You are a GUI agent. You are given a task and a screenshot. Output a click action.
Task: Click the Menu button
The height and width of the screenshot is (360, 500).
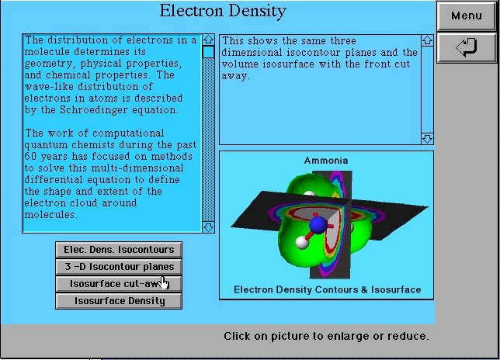466,16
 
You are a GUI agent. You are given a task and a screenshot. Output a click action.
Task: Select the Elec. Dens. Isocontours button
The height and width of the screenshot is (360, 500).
119,250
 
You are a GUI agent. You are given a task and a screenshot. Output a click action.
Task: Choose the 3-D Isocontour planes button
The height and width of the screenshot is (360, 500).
119,267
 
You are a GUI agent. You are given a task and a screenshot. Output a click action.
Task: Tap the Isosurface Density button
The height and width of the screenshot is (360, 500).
119,301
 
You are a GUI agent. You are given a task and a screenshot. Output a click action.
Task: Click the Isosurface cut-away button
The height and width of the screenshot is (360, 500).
119,284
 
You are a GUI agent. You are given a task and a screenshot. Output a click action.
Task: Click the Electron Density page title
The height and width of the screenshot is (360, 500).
223,12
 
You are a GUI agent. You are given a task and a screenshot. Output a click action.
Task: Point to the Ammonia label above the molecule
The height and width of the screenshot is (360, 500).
326,161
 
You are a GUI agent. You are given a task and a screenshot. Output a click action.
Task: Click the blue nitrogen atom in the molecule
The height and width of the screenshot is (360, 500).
318,224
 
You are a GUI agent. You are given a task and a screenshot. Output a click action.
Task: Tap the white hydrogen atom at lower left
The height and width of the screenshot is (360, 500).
302,242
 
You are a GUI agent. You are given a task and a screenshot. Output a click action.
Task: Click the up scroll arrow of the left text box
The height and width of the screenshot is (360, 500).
208,40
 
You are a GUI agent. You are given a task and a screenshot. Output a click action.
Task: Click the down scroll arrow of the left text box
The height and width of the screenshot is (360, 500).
208,227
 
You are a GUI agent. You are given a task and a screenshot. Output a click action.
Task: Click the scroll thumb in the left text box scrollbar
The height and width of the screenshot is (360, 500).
208,52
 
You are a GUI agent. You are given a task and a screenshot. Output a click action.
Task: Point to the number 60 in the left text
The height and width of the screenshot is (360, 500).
30,157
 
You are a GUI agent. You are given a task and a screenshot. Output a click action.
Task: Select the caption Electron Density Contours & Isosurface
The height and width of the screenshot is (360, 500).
327,289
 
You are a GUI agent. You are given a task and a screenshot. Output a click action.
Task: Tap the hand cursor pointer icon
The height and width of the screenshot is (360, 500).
165,283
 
